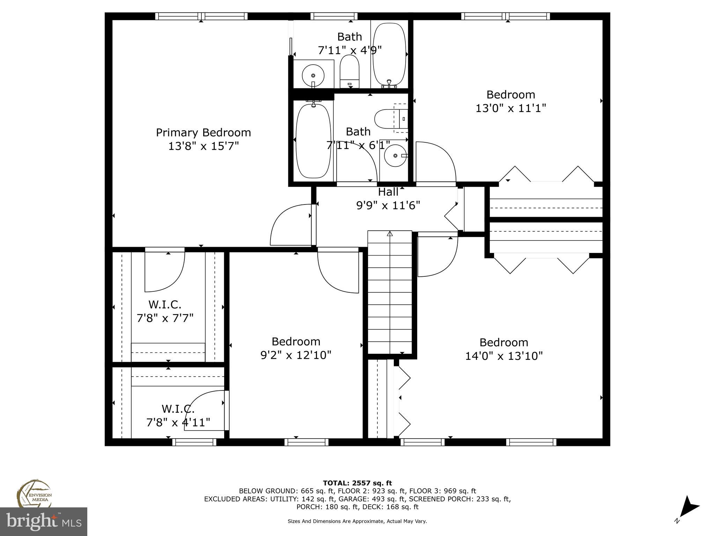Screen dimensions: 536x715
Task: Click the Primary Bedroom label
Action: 203,133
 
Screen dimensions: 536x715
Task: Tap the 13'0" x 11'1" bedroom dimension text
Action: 510,108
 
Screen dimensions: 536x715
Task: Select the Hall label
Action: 388,192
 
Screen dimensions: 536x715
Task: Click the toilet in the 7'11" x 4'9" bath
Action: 349,72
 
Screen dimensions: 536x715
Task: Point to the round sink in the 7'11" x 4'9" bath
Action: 313,75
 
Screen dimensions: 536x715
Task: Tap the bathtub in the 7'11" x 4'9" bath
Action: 389,54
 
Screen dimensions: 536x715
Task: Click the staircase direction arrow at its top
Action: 390,233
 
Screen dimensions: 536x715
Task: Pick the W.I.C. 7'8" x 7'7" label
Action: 165,305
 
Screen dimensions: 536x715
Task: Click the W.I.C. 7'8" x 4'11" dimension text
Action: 178,423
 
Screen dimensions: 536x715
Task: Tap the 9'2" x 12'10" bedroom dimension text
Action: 296,355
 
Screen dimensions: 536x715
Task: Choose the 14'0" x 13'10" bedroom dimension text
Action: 504,356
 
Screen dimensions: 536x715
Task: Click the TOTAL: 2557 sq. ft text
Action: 357,483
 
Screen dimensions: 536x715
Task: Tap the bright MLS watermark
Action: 44,522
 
